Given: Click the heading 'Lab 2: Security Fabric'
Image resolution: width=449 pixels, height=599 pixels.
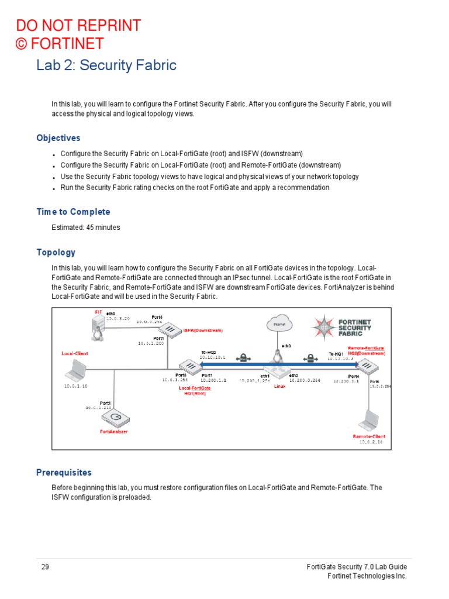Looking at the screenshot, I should (x=106, y=65).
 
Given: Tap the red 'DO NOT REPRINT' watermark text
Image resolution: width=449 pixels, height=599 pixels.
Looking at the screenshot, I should (x=78, y=26).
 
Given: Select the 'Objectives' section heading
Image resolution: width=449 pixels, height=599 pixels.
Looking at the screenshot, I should (x=58, y=138).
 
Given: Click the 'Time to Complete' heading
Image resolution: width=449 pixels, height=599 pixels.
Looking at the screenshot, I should (x=73, y=212).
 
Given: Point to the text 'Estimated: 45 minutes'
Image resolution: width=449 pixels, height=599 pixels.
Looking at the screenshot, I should (x=86, y=227).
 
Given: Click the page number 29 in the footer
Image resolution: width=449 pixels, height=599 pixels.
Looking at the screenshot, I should (x=45, y=567).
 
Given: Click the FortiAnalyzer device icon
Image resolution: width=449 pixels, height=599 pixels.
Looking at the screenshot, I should (x=115, y=418).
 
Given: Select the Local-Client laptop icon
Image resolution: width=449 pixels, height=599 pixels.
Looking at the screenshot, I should (x=77, y=371).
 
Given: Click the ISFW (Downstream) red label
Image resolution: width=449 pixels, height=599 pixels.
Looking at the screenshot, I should (x=202, y=331).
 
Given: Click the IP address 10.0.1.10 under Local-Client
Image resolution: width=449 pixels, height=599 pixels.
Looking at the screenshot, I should (x=75, y=386).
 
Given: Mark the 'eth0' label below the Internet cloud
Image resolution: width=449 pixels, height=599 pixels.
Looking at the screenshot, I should (x=286, y=346).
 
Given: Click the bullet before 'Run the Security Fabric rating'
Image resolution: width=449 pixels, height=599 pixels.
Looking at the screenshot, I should (x=54, y=188).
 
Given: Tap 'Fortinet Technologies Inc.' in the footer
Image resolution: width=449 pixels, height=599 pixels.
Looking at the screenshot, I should (x=366, y=576).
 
